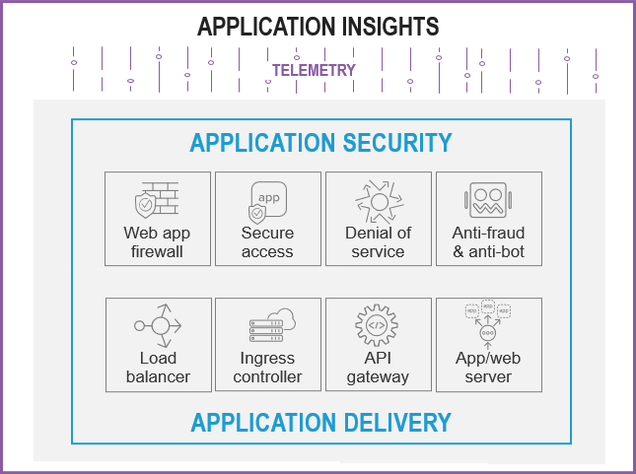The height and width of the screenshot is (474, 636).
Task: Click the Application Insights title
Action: (x=318, y=27)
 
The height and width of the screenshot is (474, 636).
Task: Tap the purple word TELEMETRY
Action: (x=314, y=70)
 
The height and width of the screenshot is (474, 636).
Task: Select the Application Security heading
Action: (x=320, y=143)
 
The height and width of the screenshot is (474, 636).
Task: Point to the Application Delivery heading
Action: (x=320, y=424)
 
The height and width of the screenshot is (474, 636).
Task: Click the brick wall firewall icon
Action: (x=157, y=200)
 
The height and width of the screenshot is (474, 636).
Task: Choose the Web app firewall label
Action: (x=157, y=242)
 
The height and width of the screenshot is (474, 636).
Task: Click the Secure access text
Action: (x=267, y=242)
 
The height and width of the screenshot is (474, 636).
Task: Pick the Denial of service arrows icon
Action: (x=378, y=200)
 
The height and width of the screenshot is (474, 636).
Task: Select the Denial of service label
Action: (x=378, y=242)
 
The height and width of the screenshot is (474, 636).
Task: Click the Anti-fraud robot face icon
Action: (x=488, y=200)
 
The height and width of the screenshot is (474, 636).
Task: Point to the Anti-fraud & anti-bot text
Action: (x=488, y=242)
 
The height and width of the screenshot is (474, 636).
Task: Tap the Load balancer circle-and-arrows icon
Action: (x=157, y=325)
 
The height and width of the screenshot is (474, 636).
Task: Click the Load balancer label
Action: (x=158, y=368)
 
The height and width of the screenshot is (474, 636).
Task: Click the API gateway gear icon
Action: (x=378, y=325)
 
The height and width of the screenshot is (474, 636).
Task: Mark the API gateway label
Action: (x=378, y=368)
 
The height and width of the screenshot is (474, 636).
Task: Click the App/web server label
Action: (x=488, y=368)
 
